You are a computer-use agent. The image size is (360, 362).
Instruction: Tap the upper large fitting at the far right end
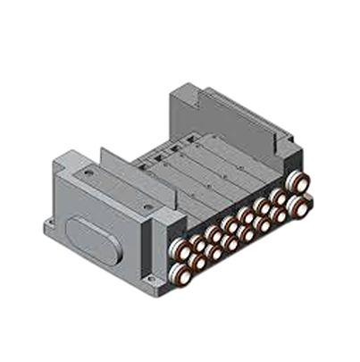[300, 182]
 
